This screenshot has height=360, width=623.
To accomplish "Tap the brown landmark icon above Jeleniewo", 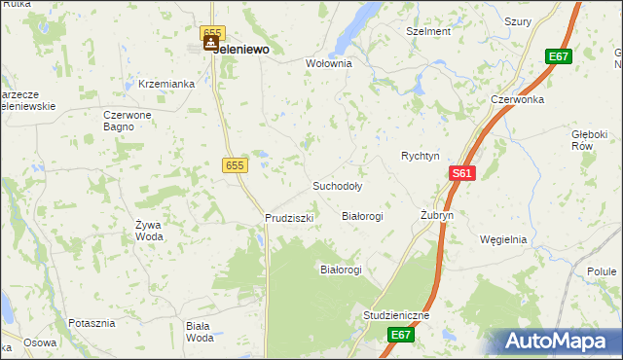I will tap(210, 42).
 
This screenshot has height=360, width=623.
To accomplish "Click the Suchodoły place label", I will tap(337, 185).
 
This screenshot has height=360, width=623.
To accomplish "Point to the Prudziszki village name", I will tap(289, 218).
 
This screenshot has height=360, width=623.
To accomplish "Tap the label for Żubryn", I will tap(437, 215).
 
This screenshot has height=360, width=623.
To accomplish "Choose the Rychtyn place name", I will tap(421, 156).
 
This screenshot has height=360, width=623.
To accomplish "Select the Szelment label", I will tap(427, 31).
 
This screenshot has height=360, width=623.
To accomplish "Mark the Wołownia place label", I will tap(328, 63).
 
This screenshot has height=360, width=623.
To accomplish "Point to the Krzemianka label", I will tap(166, 84).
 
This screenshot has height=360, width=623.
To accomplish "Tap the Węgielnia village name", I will tap(503, 239).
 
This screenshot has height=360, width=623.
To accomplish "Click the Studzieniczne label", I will tap(395, 316).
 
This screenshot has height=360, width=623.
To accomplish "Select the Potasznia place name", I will tap(92, 322).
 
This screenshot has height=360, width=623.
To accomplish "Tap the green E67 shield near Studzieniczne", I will tap(401, 335).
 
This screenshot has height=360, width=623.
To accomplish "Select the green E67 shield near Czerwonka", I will tap(558, 56).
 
